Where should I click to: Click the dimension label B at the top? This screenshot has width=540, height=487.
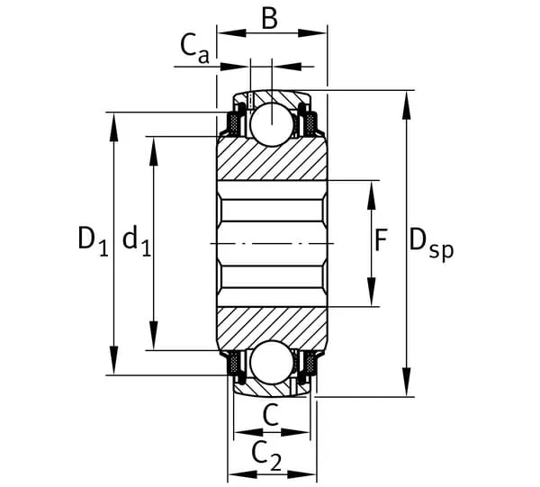click(x=269, y=18)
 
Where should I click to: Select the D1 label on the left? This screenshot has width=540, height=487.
click(x=91, y=240)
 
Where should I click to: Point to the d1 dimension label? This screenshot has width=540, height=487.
click(x=136, y=240)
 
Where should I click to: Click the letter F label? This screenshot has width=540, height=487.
click(x=381, y=240)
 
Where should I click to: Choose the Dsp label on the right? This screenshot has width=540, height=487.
click(x=430, y=242)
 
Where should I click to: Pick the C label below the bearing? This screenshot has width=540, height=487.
click(x=270, y=415)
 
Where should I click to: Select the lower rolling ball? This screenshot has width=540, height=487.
click(x=271, y=362)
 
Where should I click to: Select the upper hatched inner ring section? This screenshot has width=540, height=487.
click(x=271, y=162)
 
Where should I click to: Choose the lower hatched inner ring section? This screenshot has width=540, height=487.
click(x=271, y=324)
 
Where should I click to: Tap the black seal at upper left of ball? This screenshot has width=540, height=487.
click(x=238, y=117)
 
